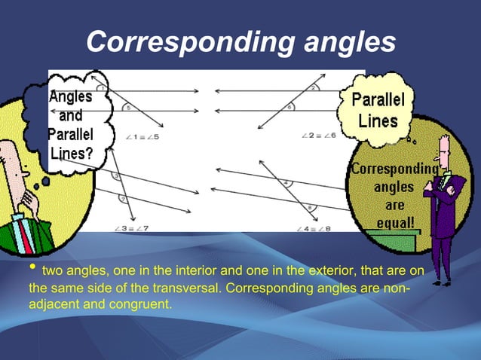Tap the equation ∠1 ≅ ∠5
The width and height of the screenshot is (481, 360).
point(142,137)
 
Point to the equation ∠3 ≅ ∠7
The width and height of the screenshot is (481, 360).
point(133,227)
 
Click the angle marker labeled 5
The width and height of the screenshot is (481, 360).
point(129,108)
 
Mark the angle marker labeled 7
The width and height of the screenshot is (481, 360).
point(121,200)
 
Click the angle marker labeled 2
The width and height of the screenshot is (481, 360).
point(313,87)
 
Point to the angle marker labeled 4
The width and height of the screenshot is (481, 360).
point(286,182)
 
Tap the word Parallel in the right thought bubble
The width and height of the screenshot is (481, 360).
point(378,100)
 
